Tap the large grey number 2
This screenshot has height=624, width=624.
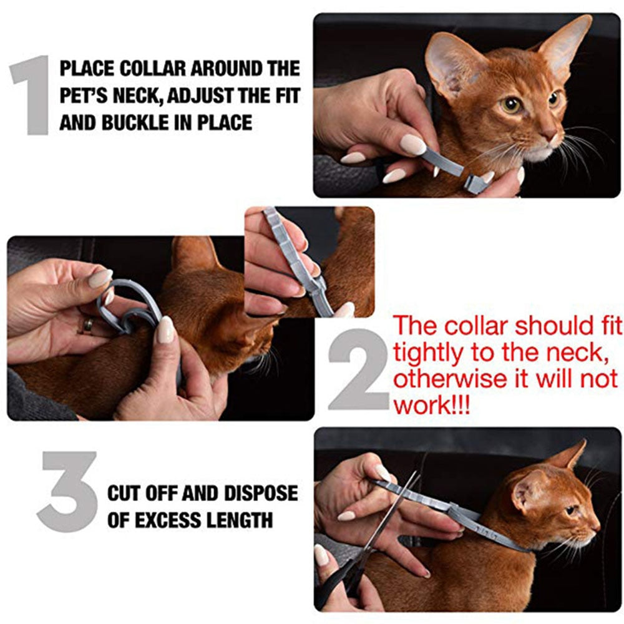[358, 369]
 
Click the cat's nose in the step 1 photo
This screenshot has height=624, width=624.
[550, 134]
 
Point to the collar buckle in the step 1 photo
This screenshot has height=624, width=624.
[475, 182]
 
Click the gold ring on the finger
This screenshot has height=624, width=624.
[88, 325]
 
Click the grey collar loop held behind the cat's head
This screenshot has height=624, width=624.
[128, 306]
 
